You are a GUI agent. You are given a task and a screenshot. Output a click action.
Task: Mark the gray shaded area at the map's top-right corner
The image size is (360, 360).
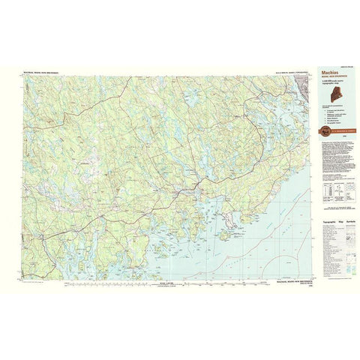pos(301,74)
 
